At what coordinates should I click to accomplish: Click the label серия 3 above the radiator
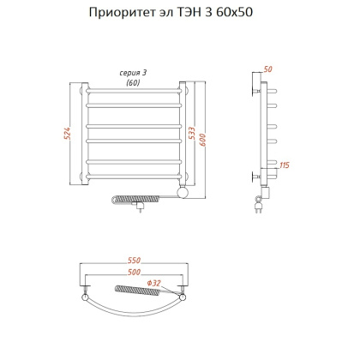tap(132, 73)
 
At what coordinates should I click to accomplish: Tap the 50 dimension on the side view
tap(267, 68)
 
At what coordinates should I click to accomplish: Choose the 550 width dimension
tap(132, 258)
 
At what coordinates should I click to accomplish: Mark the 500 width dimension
tap(132, 272)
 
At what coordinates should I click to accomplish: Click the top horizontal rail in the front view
tap(132, 89)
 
